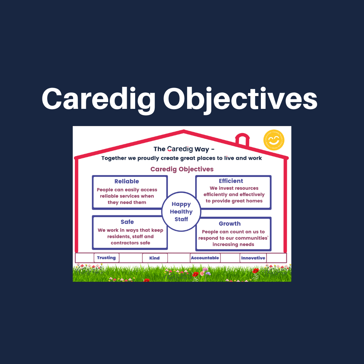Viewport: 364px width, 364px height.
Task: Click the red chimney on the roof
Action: pos(242,140)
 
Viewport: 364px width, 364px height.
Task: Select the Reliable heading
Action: pos(126,181)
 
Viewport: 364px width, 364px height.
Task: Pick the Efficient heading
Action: pos(231,181)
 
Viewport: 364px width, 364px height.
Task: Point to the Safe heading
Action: pos(127,222)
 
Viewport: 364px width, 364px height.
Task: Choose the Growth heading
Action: pos(230,223)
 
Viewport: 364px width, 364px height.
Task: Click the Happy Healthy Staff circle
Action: pos(181,212)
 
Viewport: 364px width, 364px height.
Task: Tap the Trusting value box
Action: pos(106,258)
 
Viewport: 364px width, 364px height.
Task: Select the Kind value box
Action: pos(154,258)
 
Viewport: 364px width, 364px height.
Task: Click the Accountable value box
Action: pos(205,258)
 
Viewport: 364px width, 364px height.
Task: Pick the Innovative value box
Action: pos(253,258)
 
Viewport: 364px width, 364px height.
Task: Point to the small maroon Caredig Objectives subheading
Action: pos(182,169)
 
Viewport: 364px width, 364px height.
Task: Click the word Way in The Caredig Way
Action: pos(202,149)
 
